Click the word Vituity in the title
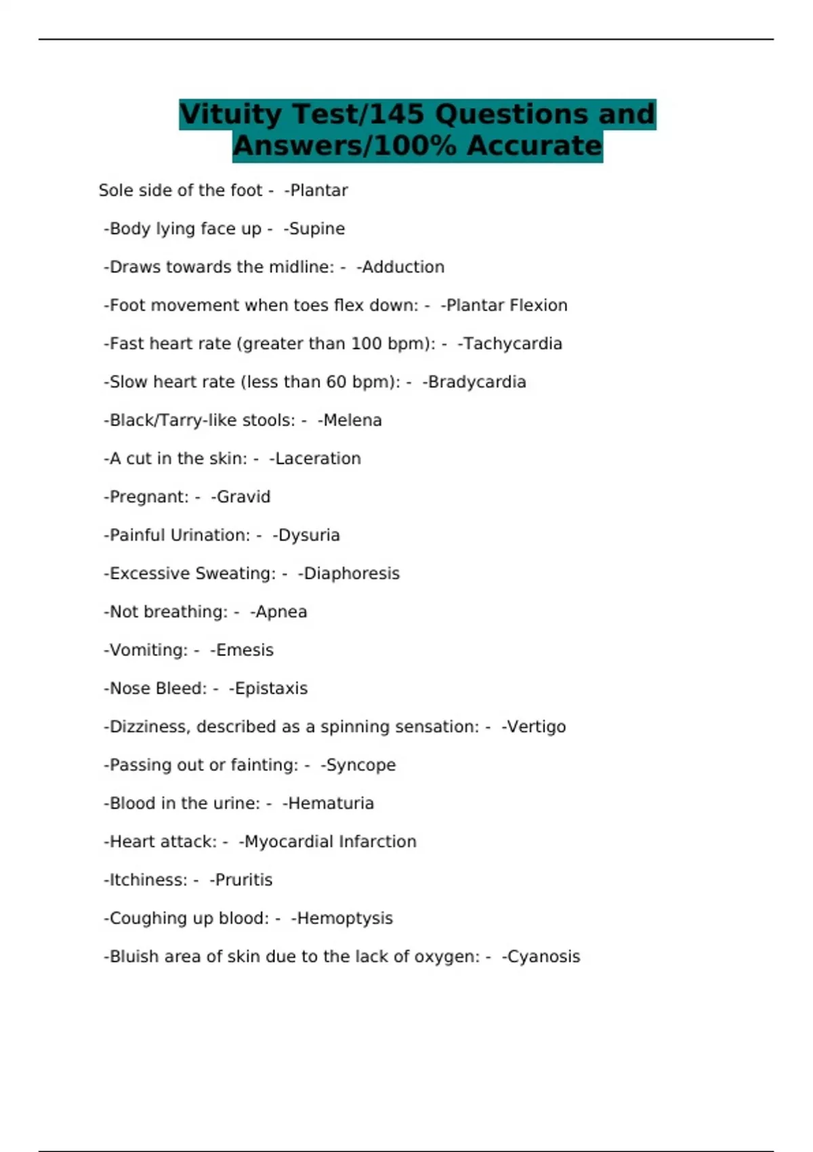pyautogui.click(x=230, y=114)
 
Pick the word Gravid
pyautogui.click(x=243, y=497)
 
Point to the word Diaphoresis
pyautogui.click(x=352, y=573)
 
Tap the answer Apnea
pyautogui.click(x=281, y=612)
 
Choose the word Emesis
pyautogui.click(x=245, y=650)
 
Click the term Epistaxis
pyautogui.click(x=271, y=688)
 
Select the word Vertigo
pyautogui.click(x=537, y=726)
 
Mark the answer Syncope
pyautogui.click(x=361, y=765)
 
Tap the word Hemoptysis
pyautogui.click(x=345, y=918)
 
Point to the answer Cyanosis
pyautogui.click(x=543, y=956)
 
